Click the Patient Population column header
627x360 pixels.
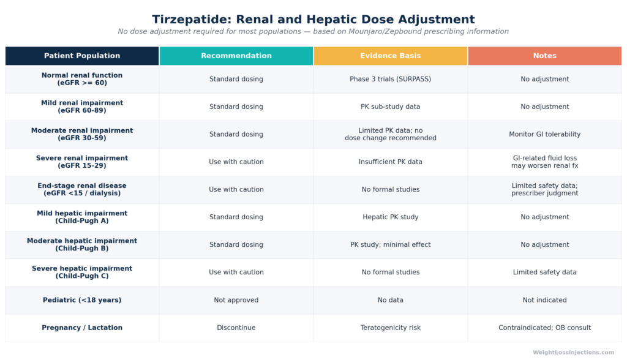pyautogui.click(x=82, y=56)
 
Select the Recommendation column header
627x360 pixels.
pyautogui.click(x=236, y=56)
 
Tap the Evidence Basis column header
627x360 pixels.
pyautogui.click(x=391, y=56)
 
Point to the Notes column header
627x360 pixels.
pyautogui.click(x=544, y=56)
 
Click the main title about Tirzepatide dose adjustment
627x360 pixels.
pyautogui.click(x=313, y=19)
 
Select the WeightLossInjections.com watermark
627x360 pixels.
pyautogui.click(x=573, y=353)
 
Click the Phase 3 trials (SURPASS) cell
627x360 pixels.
pyautogui.click(x=390, y=79)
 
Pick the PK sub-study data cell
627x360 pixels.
pyautogui.click(x=390, y=107)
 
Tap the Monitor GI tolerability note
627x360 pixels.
pyautogui.click(x=544, y=135)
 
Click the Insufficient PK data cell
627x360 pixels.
pyautogui.click(x=390, y=162)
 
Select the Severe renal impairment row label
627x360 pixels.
pyautogui.click(x=82, y=162)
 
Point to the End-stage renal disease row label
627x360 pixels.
pyautogui.click(x=82, y=189)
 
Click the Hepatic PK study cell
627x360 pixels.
pyautogui.click(x=390, y=217)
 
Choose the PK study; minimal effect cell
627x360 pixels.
pyautogui.click(x=390, y=245)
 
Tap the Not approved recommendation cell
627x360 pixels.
pyautogui.click(x=236, y=300)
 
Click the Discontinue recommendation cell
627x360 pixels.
pyautogui.click(x=236, y=328)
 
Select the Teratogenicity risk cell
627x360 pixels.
pyautogui.click(x=390, y=328)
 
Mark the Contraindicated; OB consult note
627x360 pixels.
pyautogui.click(x=544, y=328)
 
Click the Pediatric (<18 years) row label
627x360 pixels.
pyautogui.click(x=82, y=300)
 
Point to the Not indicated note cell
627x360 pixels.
pyautogui.click(x=544, y=300)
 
